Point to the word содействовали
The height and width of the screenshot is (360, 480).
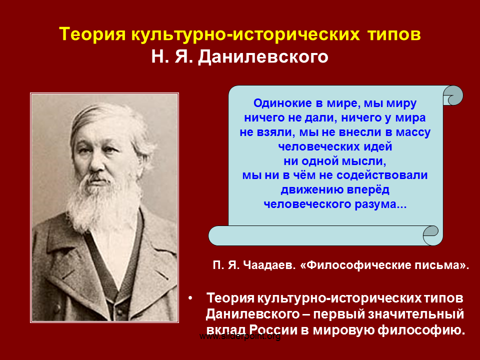382,175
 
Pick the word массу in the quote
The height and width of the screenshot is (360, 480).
413,132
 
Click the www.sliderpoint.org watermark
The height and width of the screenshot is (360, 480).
240,336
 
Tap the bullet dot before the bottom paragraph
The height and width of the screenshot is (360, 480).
190,298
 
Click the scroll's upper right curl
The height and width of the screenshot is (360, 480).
453,95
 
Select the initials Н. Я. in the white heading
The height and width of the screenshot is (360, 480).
172,56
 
